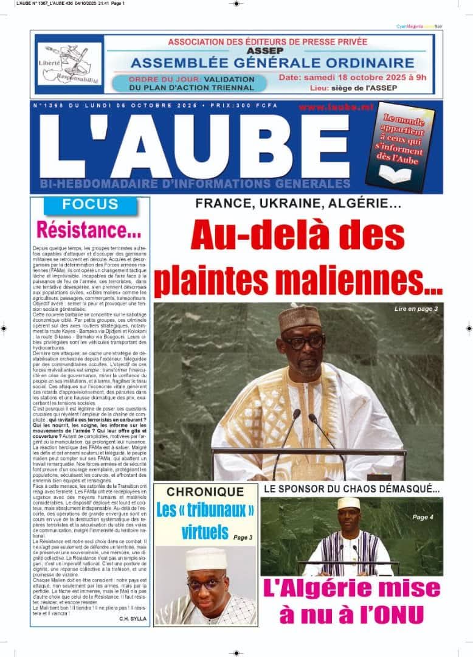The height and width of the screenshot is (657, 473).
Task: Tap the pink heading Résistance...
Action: pos(89,229)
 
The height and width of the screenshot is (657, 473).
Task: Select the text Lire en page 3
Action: pos(416,309)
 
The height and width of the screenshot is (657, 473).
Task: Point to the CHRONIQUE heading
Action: pos(205,492)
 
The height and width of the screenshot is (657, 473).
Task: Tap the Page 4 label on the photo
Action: pos(423,517)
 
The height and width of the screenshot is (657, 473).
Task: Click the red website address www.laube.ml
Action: pos(327,106)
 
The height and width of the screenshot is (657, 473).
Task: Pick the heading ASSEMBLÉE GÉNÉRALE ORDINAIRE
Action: pos(272,63)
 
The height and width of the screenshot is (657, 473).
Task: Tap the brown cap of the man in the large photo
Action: pos(300,317)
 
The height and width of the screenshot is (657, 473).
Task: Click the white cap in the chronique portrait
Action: pos(206,558)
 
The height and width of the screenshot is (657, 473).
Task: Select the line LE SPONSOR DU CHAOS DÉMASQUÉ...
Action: pos(351,488)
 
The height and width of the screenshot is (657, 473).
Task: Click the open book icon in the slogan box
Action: pos(395,175)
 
